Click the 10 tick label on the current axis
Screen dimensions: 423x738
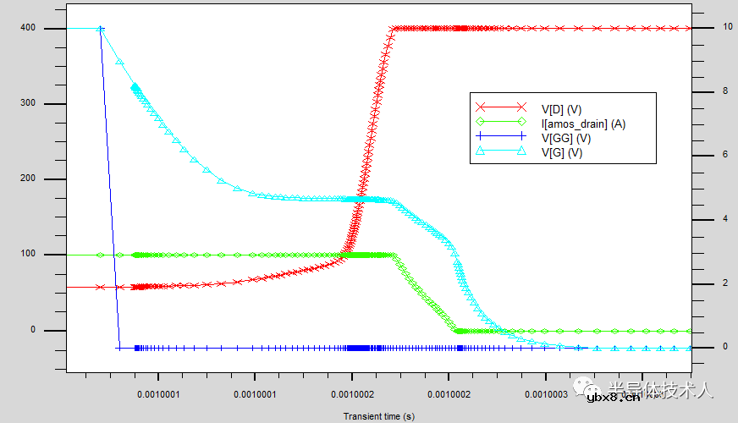pos(716,27)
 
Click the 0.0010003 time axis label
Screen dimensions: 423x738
pos(546,394)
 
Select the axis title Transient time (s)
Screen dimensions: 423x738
pos(378,416)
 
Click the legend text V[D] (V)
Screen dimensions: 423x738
pos(561,108)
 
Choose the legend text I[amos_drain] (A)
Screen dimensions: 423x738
pos(583,124)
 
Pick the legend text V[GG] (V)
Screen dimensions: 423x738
pos(566,138)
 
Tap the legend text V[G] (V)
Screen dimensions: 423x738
pos(562,152)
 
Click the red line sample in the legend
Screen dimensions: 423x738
pos(500,108)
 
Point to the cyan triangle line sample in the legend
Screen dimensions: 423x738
pos(500,152)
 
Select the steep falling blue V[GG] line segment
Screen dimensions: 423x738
pos(109,186)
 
